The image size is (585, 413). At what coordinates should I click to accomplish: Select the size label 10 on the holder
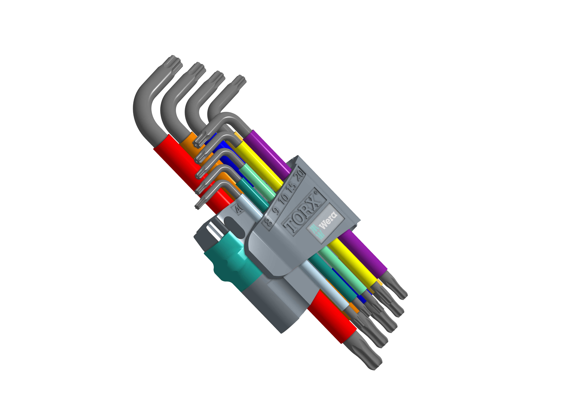click(283, 198)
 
